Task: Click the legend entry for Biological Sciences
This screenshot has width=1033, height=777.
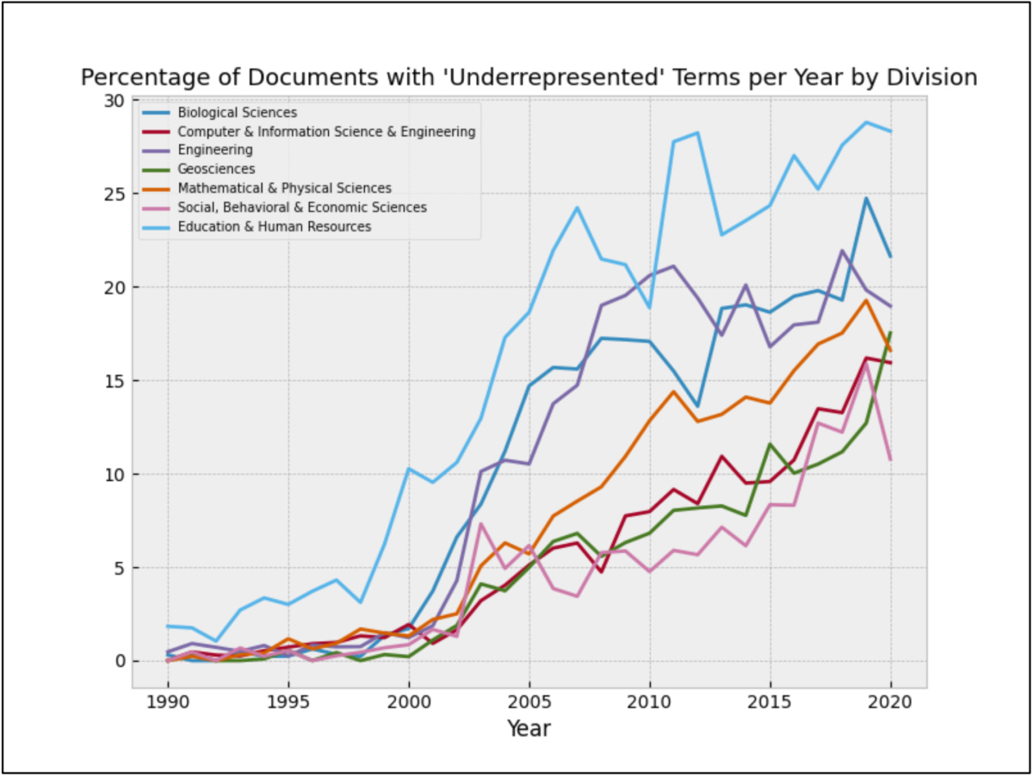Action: click(x=237, y=113)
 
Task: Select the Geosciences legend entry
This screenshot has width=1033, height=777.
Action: click(x=216, y=170)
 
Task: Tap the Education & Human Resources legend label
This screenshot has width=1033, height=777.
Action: click(x=274, y=226)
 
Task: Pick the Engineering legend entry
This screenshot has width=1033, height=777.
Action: click(x=214, y=151)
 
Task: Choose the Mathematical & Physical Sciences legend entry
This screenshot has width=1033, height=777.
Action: click(x=284, y=188)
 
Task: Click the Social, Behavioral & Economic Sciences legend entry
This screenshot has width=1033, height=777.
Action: click(x=301, y=207)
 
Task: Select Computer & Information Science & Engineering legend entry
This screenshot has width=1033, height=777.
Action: click(x=326, y=132)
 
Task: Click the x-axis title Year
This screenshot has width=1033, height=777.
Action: click(x=529, y=729)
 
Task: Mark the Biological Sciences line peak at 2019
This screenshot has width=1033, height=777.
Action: click(x=866, y=198)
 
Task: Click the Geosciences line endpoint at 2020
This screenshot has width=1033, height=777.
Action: click(x=890, y=332)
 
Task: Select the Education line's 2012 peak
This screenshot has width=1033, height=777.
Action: click(x=697, y=133)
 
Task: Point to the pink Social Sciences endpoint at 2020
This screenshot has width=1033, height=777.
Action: click(x=890, y=459)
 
